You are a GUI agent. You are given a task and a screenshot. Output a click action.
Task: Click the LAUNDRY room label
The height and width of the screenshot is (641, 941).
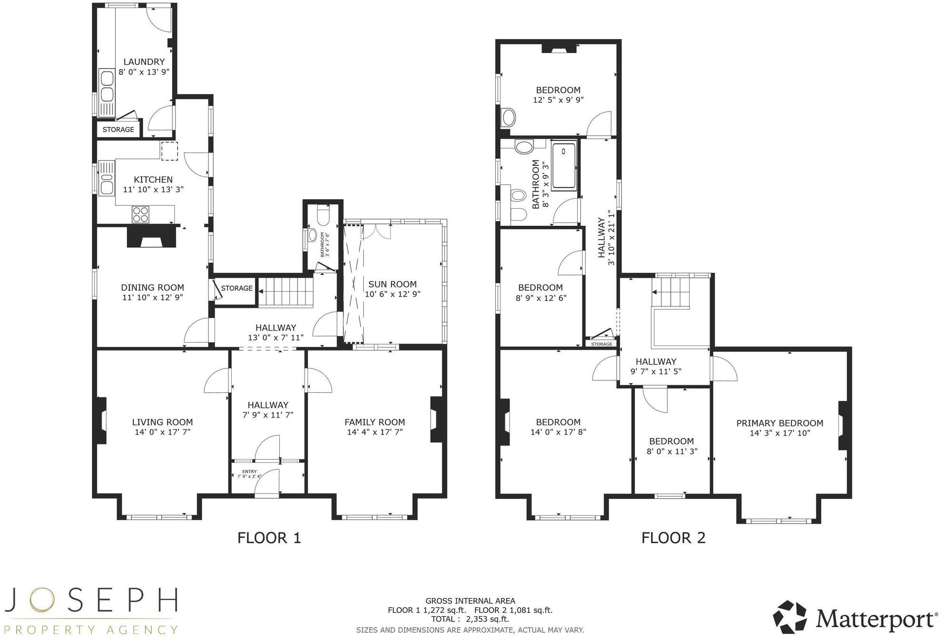(144, 62)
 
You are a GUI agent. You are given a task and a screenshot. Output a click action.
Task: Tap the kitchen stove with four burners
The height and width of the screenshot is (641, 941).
(141, 214)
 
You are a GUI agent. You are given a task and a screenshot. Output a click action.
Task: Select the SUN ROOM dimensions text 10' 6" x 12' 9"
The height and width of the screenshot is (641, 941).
(392, 295)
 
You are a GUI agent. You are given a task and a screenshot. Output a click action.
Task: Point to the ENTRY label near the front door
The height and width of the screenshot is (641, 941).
(249, 471)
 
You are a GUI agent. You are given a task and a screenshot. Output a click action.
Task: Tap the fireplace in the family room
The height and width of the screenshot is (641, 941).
(436, 419)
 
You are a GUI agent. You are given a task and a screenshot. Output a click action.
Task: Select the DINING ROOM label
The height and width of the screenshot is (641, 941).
(152, 287)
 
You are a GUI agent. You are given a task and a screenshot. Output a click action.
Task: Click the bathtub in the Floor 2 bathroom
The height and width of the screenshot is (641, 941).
(564, 165)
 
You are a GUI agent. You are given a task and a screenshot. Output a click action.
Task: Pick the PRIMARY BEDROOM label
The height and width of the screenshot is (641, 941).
(779, 423)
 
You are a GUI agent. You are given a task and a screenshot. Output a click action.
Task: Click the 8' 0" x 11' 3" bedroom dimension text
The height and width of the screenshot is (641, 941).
(672, 451)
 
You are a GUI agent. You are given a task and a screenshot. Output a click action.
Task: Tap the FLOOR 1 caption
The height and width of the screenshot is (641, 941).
(269, 538)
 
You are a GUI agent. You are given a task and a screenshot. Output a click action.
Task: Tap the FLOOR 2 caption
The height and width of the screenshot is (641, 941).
(673, 538)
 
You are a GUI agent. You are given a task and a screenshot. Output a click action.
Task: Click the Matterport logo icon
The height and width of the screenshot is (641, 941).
(790, 617)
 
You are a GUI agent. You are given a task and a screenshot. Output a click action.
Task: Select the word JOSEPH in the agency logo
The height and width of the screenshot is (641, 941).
(91, 600)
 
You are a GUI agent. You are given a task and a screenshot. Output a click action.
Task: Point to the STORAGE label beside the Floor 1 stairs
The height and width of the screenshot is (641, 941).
(236, 288)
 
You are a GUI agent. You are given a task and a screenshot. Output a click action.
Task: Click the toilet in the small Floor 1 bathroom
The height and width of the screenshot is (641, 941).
(323, 217)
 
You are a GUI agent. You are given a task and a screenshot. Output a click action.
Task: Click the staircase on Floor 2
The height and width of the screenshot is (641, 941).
(671, 292)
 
